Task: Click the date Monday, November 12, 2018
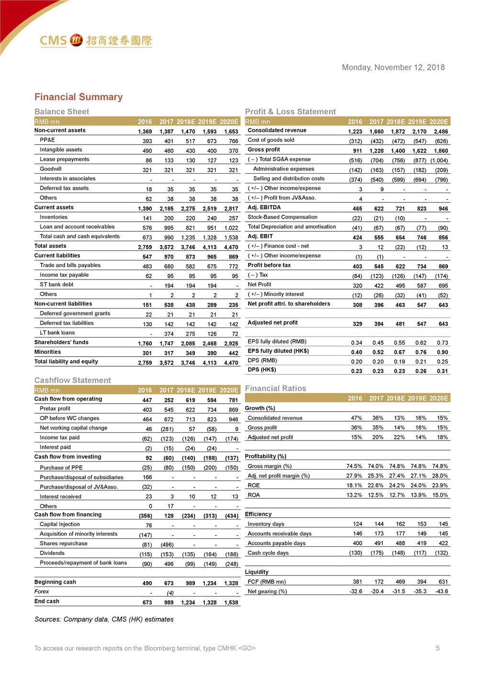393,68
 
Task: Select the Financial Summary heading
79,97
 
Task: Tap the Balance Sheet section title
62,112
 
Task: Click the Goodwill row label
51,169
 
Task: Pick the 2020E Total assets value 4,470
231,247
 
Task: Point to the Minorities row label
47,352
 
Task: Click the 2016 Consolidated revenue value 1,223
355,132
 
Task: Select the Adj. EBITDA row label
264,207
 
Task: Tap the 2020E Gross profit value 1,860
441,151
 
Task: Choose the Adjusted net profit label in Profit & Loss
273,323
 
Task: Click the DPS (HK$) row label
262,370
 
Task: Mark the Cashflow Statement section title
73,380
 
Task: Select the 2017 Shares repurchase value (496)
167,545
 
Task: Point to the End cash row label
47,601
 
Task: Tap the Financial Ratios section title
275,388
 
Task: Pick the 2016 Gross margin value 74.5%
354,466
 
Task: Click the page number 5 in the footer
437,648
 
